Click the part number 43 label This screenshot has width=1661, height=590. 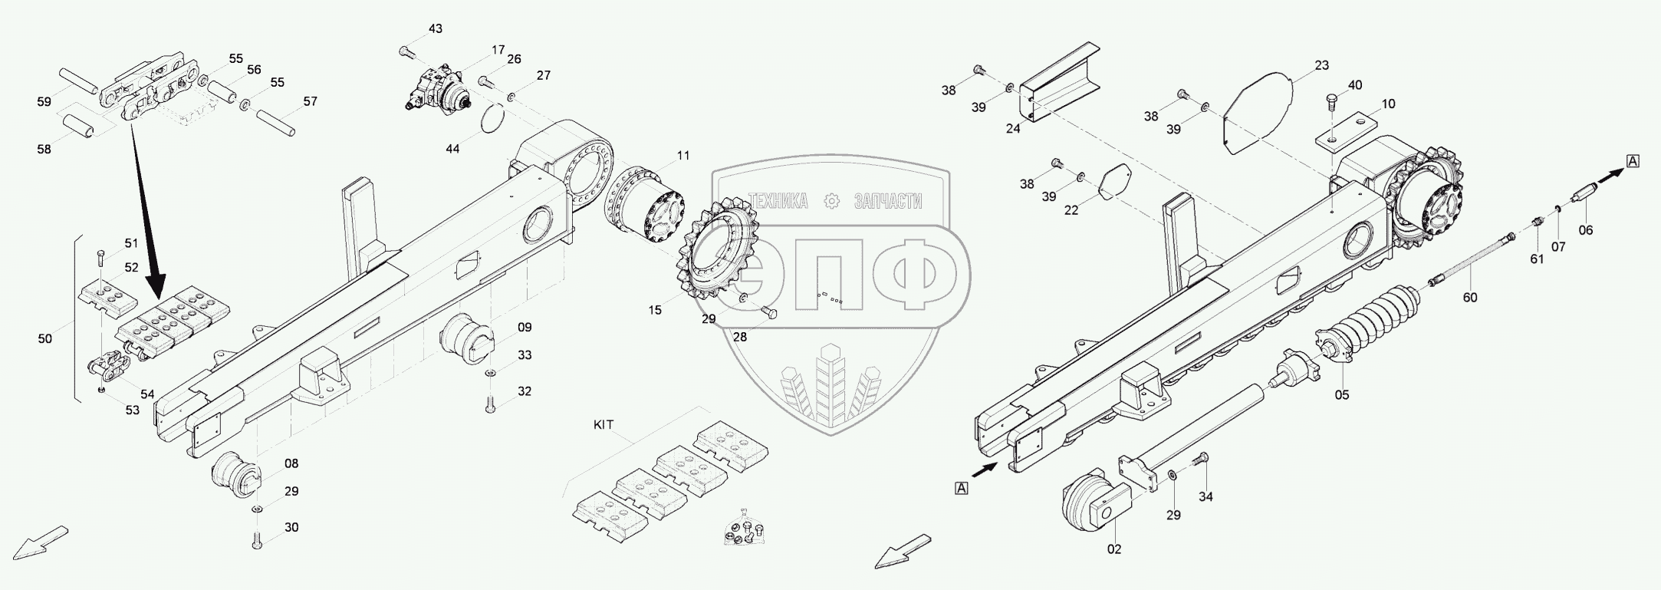435,29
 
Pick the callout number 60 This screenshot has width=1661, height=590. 1469,297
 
